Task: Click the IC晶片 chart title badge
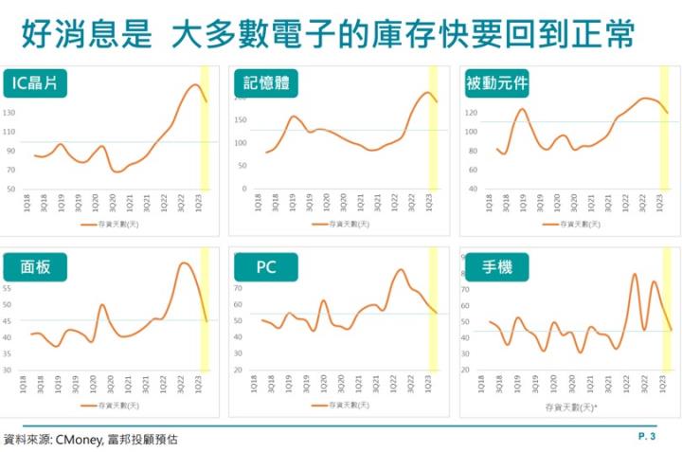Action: [36, 83]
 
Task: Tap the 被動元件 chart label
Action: [495, 83]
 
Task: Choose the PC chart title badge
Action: [266, 267]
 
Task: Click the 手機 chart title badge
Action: [496, 267]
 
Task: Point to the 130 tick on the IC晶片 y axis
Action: [10, 113]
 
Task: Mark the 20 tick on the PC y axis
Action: [239, 371]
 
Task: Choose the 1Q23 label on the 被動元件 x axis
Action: [660, 202]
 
